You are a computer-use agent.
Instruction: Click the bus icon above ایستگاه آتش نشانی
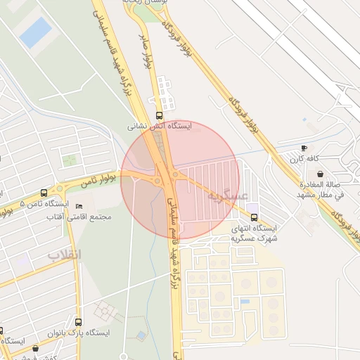click(159, 115)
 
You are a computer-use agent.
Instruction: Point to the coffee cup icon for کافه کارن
click(304, 148)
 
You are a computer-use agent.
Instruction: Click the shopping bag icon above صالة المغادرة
click(321, 173)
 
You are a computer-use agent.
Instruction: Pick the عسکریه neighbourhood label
click(226, 196)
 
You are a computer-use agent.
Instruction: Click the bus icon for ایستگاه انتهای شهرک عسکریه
click(254, 217)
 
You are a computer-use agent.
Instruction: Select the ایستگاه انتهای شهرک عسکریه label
click(255, 233)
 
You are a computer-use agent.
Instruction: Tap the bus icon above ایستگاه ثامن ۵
click(44, 193)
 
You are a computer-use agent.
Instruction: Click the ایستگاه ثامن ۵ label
click(44, 204)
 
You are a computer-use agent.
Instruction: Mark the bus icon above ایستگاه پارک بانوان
click(78, 321)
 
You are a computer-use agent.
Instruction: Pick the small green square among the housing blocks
click(69, 160)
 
